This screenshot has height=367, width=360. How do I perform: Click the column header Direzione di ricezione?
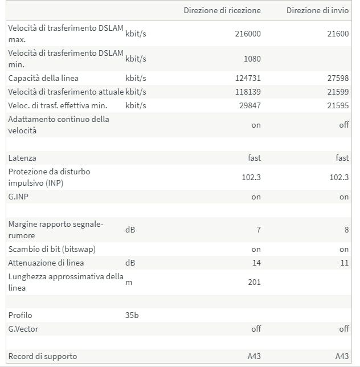(x=222, y=10)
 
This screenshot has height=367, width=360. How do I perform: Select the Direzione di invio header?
(x=317, y=10)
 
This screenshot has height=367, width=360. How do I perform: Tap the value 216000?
(x=248, y=34)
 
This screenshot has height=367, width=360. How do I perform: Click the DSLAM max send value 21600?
(x=338, y=34)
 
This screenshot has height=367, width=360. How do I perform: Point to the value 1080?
(x=251, y=59)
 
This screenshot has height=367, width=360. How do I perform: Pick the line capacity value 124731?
(x=248, y=78)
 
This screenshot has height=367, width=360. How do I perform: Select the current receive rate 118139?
(x=248, y=92)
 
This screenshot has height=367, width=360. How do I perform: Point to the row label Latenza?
(x=22, y=158)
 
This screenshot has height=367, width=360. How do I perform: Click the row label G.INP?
(x=19, y=197)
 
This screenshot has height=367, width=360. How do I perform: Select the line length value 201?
(x=255, y=282)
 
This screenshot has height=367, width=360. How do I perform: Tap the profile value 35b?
(x=132, y=315)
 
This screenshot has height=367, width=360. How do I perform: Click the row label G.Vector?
(x=23, y=329)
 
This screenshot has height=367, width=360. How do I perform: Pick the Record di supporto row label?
(x=43, y=356)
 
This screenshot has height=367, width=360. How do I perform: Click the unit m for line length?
(x=128, y=282)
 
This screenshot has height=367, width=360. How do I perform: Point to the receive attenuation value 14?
(x=256, y=263)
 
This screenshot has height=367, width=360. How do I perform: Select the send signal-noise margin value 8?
(x=346, y=230)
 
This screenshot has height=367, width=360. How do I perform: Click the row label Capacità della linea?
(x=43, y=78)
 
